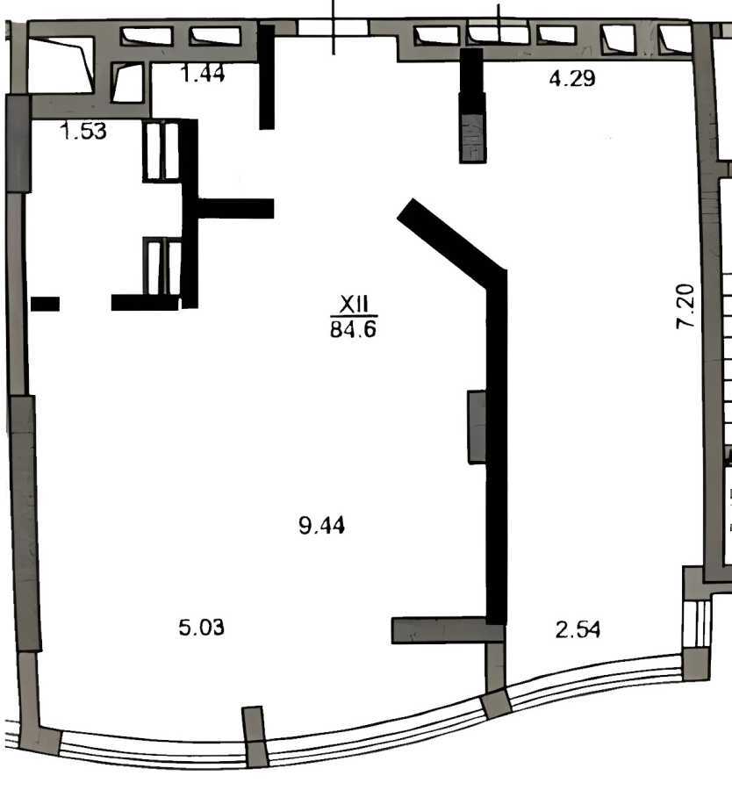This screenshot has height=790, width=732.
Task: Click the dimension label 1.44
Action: (203, 74)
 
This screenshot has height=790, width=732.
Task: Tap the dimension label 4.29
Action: (572, 79)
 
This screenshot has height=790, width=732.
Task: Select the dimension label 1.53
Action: (83, 133)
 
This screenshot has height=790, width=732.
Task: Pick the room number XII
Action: (353, 304)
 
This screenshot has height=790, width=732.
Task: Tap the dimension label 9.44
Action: (322, 526)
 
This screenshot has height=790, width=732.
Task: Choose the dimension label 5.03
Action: (202, 628)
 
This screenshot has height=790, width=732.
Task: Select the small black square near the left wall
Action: (45, 304)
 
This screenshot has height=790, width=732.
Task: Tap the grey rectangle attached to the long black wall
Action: (477, 427)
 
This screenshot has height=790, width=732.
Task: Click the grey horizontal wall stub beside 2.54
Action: (439, 630)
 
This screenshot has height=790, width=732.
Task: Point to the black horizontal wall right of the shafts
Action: (235, 208)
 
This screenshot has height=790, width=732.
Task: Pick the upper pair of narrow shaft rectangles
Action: (162, 151)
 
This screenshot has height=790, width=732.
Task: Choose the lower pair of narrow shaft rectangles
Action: (162, 266)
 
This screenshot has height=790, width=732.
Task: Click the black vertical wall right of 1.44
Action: (267, 77)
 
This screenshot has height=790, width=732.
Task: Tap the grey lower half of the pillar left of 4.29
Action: (472, 139)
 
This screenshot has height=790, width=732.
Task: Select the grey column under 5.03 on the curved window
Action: (255, 736)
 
